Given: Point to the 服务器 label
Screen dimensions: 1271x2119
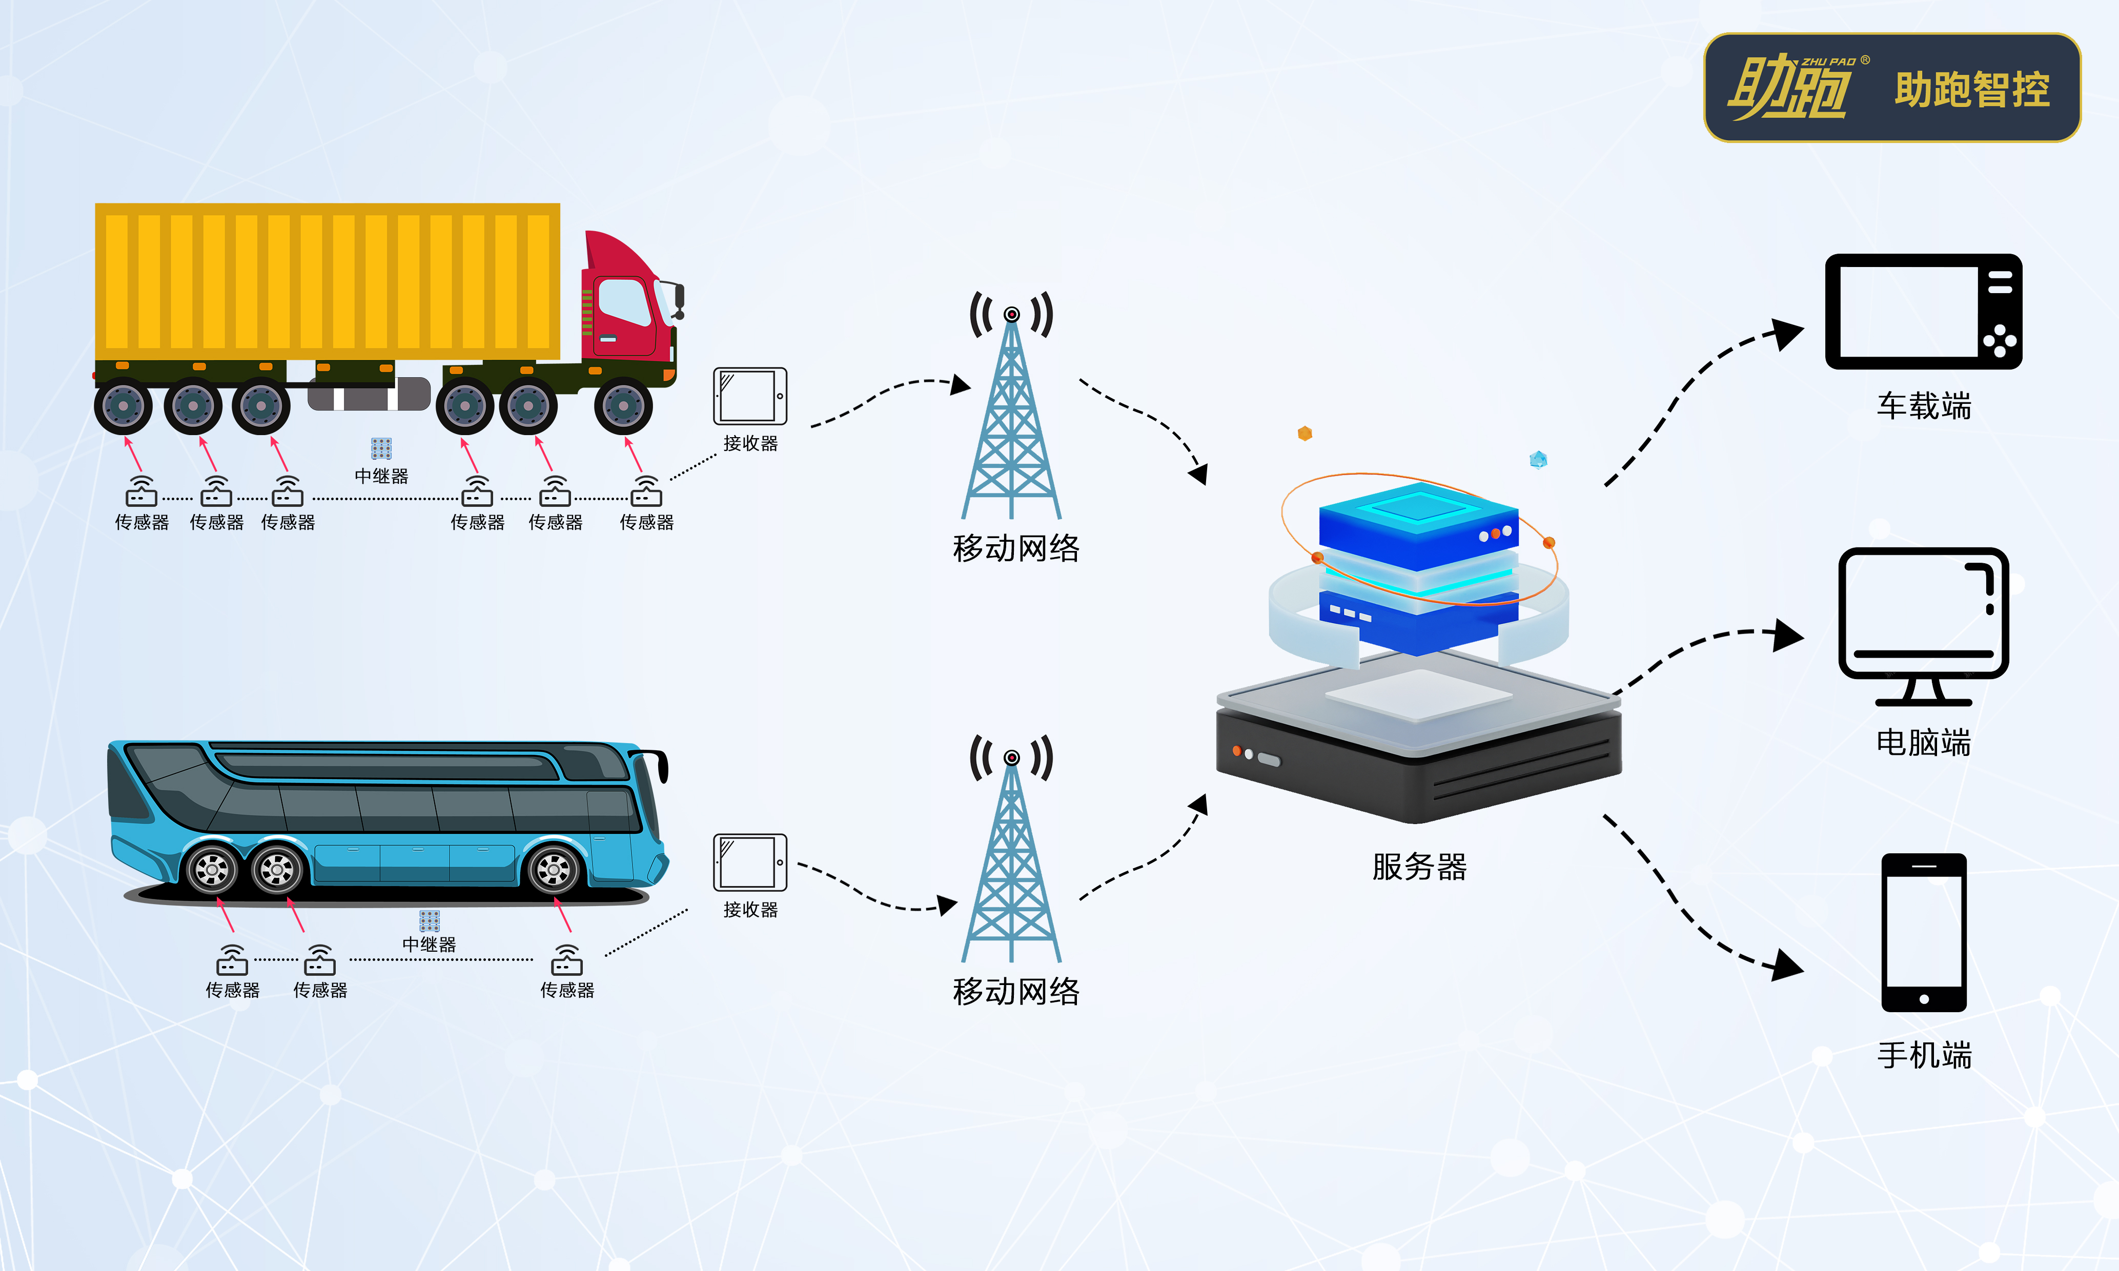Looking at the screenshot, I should [1419, 867].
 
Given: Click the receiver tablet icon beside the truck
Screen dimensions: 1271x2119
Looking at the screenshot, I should [749, 396].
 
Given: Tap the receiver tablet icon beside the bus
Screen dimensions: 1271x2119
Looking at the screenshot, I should [749, 863].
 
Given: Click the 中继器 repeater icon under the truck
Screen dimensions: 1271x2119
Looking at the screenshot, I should [381, 448].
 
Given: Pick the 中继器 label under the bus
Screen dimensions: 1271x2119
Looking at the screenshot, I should [429, 944].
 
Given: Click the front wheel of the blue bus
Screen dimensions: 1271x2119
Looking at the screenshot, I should [553, 869].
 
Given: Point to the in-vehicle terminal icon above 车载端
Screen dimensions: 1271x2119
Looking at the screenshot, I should [1923, 312].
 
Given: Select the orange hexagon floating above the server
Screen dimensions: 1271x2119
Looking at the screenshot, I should [1305, 434].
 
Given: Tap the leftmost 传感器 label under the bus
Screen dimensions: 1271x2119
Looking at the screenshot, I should [232, 990].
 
